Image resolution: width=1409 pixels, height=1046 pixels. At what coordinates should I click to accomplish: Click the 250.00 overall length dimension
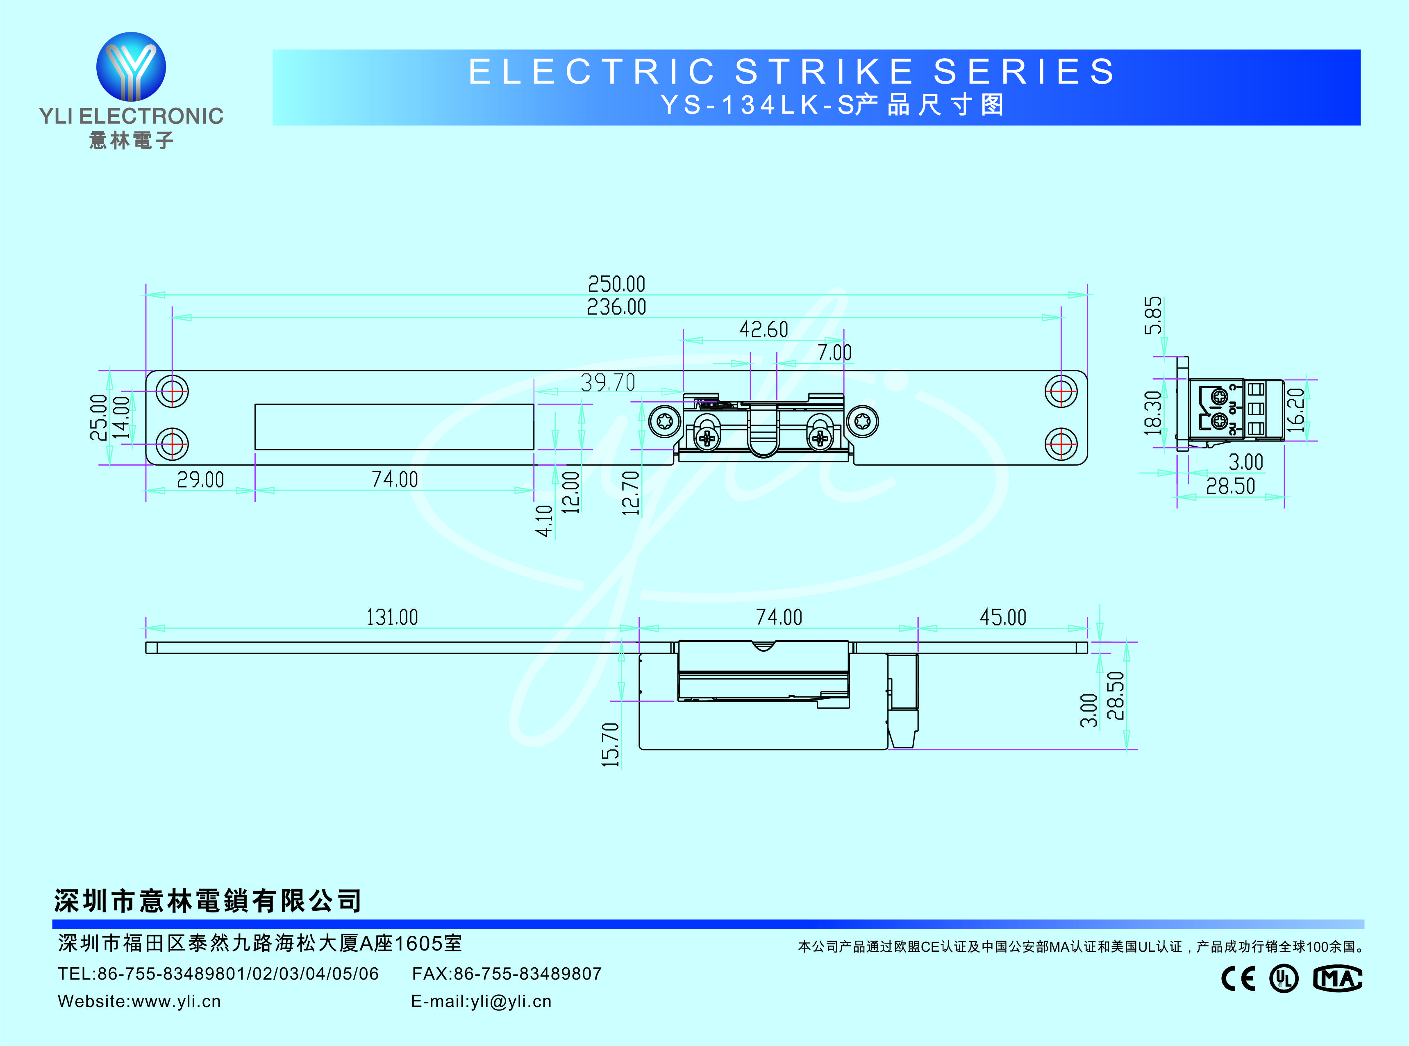pyautogui.click(x=616, y=284)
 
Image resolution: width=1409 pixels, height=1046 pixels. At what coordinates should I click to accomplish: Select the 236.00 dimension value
pyautogui.click(x=616, y=307)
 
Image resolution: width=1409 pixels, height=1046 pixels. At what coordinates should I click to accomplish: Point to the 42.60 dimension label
pyautogui.click(x=764, y=329)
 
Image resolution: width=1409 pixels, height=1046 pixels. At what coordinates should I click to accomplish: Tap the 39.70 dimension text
pyautogui.click(x=608, y=382)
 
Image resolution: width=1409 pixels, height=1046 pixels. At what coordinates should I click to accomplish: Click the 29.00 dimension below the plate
pyautogui.click(x=200, y=480)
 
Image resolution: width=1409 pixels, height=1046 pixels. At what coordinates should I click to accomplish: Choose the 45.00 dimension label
pyautogui.click(x=1002, y=617)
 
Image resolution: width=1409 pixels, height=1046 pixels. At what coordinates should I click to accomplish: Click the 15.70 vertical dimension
pyautogui.click(x=610, y=745)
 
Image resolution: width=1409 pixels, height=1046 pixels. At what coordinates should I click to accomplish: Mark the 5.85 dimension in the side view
pyautogui.click(x=1152, y=315)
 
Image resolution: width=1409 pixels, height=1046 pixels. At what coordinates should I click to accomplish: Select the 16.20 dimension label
pyautogui.click(x=1296, y=410)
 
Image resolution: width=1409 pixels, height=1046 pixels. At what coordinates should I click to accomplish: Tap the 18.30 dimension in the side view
pyautogui.click(x=1152, y=413)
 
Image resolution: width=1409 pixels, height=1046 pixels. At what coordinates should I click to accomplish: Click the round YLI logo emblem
pyautogui.click(x=131, y=66)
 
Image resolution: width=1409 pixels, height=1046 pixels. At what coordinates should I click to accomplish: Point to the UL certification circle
pyautogui.click(x=1284, y=979)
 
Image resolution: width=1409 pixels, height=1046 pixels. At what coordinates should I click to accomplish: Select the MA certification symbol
pyautogui.click(x=1337, y=979)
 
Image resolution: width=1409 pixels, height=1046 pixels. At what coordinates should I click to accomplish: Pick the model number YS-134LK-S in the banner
pyautogui.click(x=757, y=105)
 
